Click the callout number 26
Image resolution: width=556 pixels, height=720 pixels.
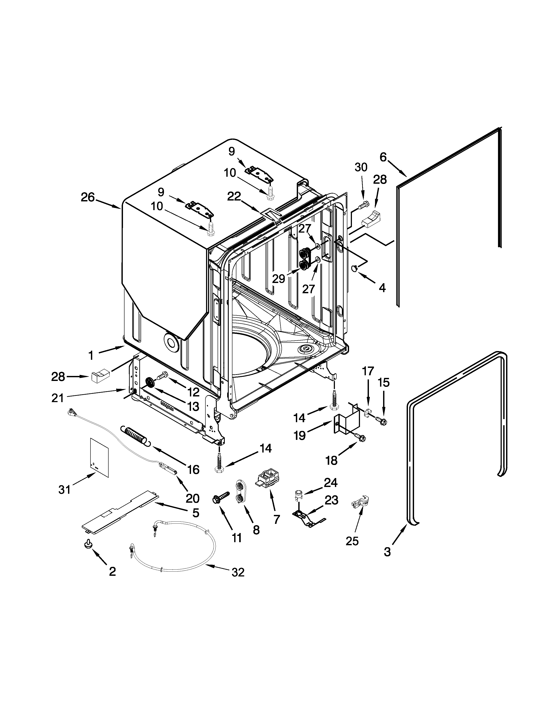click(x=88, y=198)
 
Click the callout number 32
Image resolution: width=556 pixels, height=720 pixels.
click(x=238, y=573)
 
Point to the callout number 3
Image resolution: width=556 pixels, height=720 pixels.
click(x=387, y=552)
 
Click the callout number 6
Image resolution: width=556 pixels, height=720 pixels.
click(x=383, y=157)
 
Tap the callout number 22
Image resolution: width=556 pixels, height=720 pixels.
click(x=234, y=197)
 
